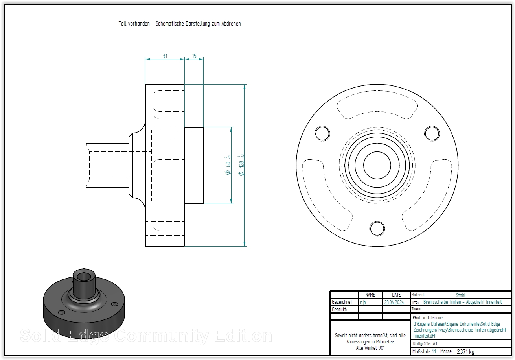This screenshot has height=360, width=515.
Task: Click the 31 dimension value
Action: click(x=165, y=56)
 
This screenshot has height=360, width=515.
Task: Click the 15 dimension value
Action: click(x=194, y=56)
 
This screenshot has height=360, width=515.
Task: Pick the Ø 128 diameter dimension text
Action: click(x=241, y=168)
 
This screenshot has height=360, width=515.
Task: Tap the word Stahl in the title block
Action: click(x=461, y=295)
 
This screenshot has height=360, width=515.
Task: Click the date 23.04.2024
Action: click(x=394, y=303)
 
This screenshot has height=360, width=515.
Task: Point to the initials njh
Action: click(x=363, y=303)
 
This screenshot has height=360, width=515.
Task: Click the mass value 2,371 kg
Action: click(x=465, y=352)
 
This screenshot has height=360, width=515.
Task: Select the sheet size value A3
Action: click(x=435, y=343)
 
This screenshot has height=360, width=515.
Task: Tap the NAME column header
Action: click(x=370, y=295)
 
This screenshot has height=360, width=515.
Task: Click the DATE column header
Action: click(x=396, y=295)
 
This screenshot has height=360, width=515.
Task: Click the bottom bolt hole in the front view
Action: click(x=377, y=228)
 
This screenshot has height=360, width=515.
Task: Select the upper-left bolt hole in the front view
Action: click(x=322, y=133)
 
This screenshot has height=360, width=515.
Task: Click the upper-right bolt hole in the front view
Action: click(x=432, y=133)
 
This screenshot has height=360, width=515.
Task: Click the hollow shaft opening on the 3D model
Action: click(x=83, y=276)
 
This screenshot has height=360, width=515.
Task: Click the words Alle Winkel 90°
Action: click(x=370, y=348)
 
